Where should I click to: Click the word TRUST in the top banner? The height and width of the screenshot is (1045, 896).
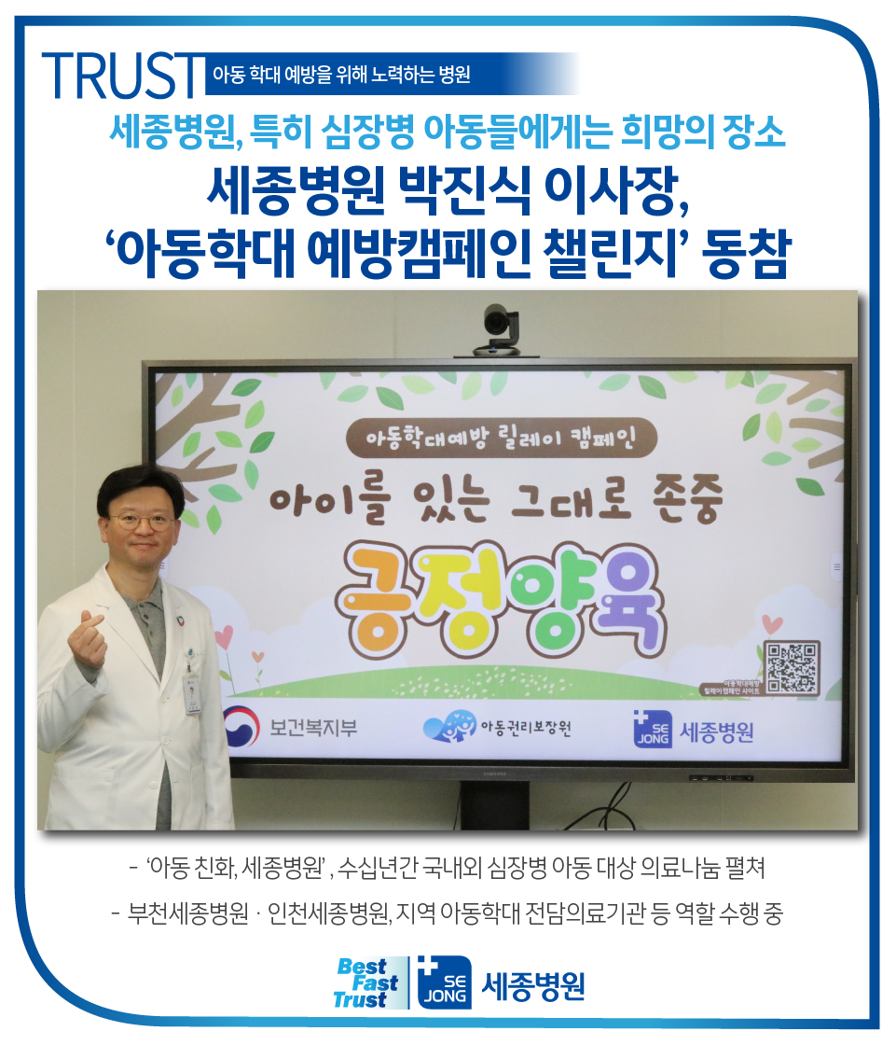pyautogui.click(x=121, y=74)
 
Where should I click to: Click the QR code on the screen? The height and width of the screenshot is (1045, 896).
pyautogui.click(x=792, y=667)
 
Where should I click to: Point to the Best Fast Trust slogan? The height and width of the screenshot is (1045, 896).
pyautogui.click(x=367, y=982)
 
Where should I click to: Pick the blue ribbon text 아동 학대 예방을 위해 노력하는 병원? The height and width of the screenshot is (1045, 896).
pyautogui.click(x=341, y=75)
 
